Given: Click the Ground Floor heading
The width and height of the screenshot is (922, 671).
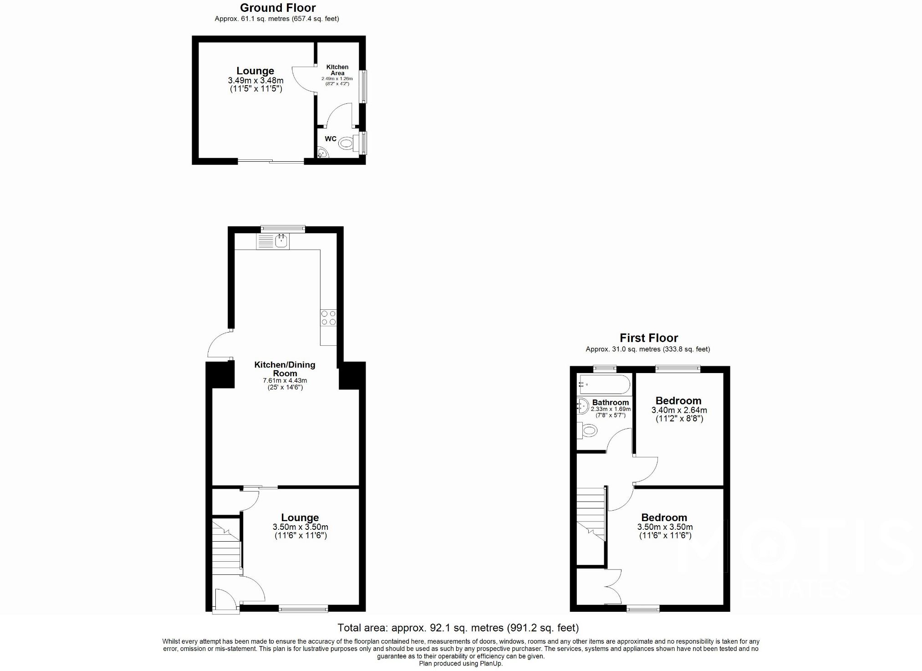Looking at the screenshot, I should (x=278, y=8).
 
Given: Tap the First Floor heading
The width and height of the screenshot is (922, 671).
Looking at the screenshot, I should (x=648, y=338).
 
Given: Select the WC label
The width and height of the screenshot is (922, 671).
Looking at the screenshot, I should (x=331, y=139).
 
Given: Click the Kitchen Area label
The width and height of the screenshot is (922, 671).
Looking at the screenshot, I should (x=337, y=70).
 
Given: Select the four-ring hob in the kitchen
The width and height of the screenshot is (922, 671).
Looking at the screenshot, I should (x=328, y=318).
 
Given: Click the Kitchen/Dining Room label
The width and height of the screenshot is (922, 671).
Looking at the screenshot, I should (x=285, y=369).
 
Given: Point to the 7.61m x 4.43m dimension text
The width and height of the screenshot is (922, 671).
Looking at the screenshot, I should (x=285, y=381).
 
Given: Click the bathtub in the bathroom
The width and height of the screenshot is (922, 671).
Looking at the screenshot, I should (x=604, y=384).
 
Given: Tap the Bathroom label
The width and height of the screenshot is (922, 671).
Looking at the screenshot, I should (x=610, y=403).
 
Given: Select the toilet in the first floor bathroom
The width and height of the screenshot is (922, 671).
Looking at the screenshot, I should (x=587, y=430).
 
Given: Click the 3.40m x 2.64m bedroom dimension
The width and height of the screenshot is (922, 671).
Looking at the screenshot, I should (x=679, y=410).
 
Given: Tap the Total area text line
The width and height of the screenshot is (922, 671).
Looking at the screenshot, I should (x=458, y=628).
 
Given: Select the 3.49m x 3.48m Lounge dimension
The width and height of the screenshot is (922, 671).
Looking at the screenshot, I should (x=255, y=81).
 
